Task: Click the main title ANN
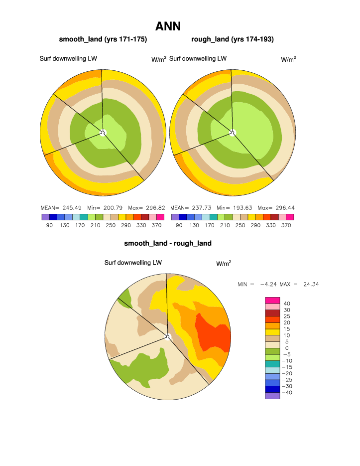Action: point(168,26)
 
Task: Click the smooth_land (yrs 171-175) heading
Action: point(103,39)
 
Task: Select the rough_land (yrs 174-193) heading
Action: point(233,39)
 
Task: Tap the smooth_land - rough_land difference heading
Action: point(168,243)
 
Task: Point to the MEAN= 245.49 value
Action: point(57,207)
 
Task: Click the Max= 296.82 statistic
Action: point(147,207)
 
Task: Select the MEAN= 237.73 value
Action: point(187,207)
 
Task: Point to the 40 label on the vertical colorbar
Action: point(286,303)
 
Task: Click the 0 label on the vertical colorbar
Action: point(286,348)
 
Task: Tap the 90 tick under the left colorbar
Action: point(49,225)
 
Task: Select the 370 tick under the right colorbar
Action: point(286,225)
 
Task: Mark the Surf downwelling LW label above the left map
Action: point(68,58)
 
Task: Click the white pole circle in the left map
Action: point(104,132)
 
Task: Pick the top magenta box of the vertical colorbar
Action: point(272,300)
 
